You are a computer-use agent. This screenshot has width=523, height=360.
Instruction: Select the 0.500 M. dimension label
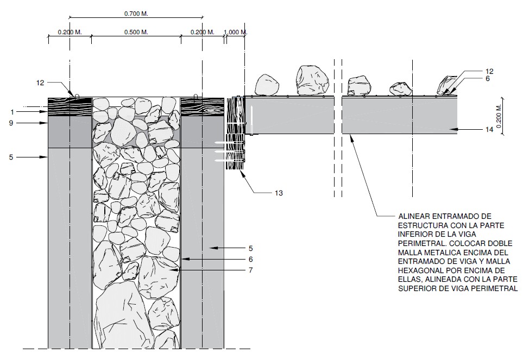point(136,33)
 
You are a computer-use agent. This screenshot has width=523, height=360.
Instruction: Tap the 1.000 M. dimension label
point(235,33)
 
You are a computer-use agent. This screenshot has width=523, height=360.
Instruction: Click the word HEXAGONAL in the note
point(422,270)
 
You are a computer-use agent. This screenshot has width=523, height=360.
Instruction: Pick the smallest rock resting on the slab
point(400,89)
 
